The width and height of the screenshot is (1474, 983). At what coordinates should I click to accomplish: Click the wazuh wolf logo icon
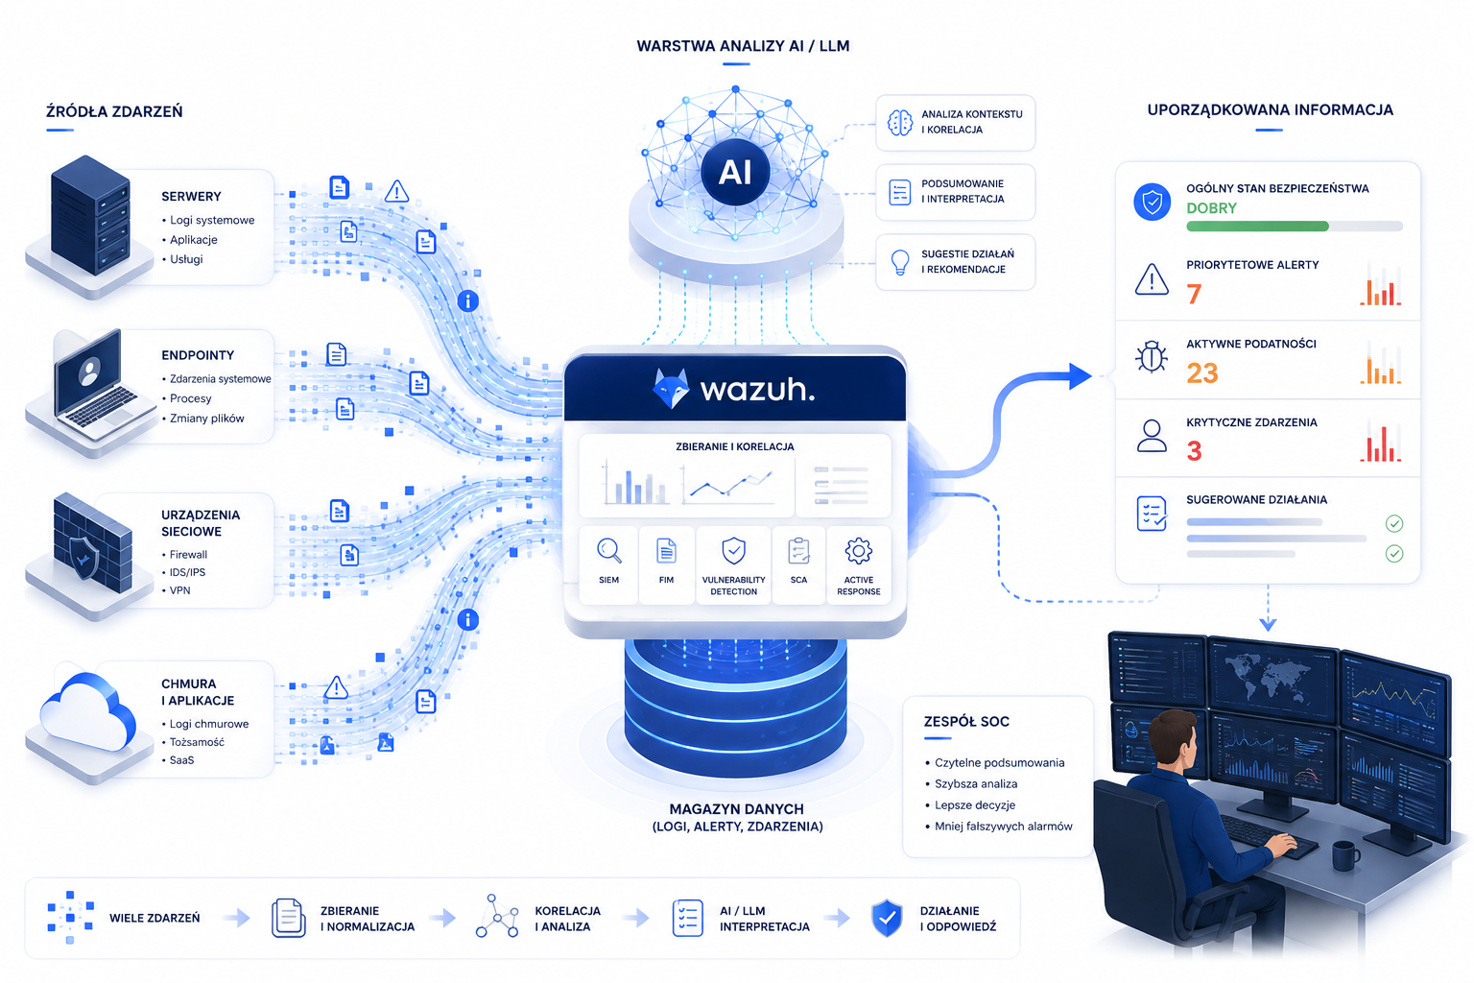(x=671, y=389)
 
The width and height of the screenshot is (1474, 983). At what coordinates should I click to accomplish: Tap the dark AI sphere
(x=735, y=172)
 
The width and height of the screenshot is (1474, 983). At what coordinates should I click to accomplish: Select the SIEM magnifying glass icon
(x=608, y=551)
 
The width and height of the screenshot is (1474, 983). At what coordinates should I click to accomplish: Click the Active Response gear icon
(x=858, y=551)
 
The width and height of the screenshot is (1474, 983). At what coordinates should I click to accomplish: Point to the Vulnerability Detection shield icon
(x=733, y=551)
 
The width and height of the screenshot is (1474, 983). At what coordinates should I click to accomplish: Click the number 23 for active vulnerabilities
(x=1202, y=373)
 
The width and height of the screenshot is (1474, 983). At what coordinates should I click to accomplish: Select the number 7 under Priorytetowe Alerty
(x=1194, y=295)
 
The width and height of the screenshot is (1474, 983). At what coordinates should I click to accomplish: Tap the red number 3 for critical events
(x=1194, y=451)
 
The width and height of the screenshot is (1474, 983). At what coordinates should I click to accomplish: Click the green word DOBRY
(x=1211, y=208)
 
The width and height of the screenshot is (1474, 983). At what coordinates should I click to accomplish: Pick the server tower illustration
(x=90, y=215)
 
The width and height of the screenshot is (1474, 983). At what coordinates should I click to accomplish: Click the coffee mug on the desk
(x=1345, y=855)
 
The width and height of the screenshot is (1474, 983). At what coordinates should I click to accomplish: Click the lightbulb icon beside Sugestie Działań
(x=899, y=262)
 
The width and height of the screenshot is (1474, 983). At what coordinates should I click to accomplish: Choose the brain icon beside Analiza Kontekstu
(x=899, y=123)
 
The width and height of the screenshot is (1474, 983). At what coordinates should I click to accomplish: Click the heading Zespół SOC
(x=966, y=722)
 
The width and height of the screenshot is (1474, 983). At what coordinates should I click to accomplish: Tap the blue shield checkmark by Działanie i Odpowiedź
(x=887, y=918)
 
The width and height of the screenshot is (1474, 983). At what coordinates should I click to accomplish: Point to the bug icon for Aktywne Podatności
(x=1152, y=357)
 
